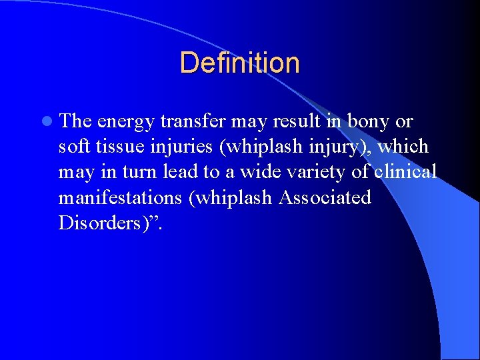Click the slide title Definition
239,63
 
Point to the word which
403,146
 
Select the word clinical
405,171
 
